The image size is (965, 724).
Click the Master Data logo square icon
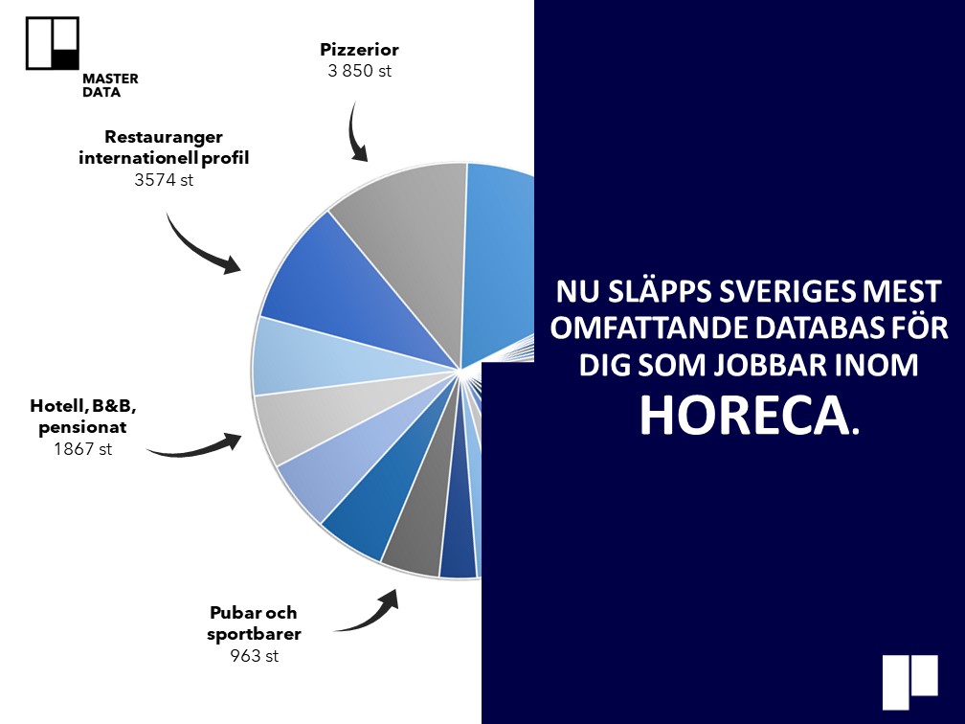click(x=53, y=43)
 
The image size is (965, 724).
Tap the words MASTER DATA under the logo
click(x=110, y=85)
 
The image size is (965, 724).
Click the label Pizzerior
click(x=359, y=49)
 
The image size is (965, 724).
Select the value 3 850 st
click(x=359, y=71)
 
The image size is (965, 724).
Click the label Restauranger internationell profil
click(x=164, y=147)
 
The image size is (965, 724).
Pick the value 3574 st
click(x=164, y=180)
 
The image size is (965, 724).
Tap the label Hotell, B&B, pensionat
click(x=83, y=417)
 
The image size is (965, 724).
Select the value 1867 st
click(x=83, y=449)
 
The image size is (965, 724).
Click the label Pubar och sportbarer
click(x=254, y=623)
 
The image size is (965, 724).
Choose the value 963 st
click(x=255, y=656)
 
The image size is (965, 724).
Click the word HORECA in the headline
click(x=749, y=415)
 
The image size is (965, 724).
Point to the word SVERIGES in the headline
click(x=787, y=292)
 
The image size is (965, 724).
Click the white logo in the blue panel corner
click(x=910, y=682)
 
